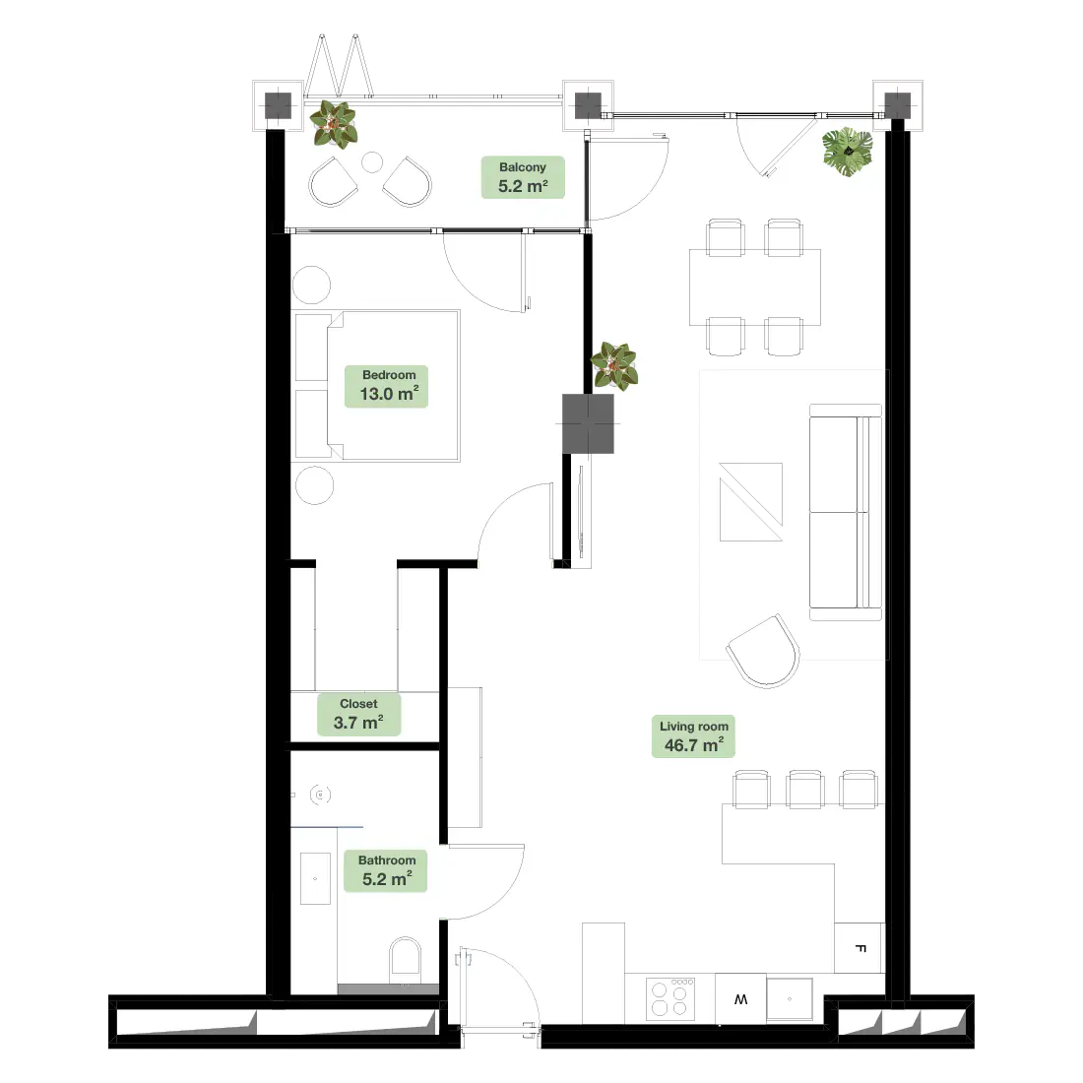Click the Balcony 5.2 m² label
pos(523,177)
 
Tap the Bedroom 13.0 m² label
pos(387,386)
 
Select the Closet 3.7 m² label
pos(358,714)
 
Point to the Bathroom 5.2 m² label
pos(385,871)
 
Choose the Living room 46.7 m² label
pos(693,736)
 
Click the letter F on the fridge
pos(860,948)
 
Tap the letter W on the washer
pos(740,998)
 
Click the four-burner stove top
pos(669,998)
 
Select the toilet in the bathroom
pos(405,960)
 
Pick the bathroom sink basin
pos(315,878)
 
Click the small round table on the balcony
pos(372,162)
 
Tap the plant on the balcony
pos(333,124)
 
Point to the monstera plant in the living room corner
pos(848,152)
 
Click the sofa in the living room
pos(846,513)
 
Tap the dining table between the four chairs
pos(755,287)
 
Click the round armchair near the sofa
pos(764,652)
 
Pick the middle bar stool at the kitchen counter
pos(805,790)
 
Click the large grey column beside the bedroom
pos(588,423)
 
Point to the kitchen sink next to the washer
pos(790,998)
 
